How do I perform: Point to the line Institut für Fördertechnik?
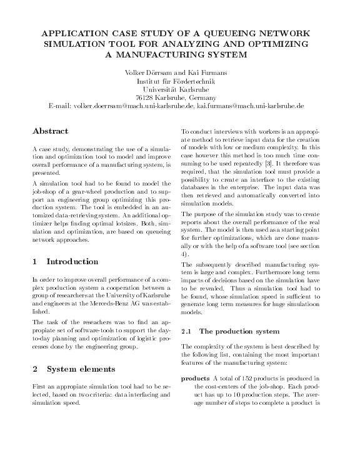pyautogui.click(x=180, y=81)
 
